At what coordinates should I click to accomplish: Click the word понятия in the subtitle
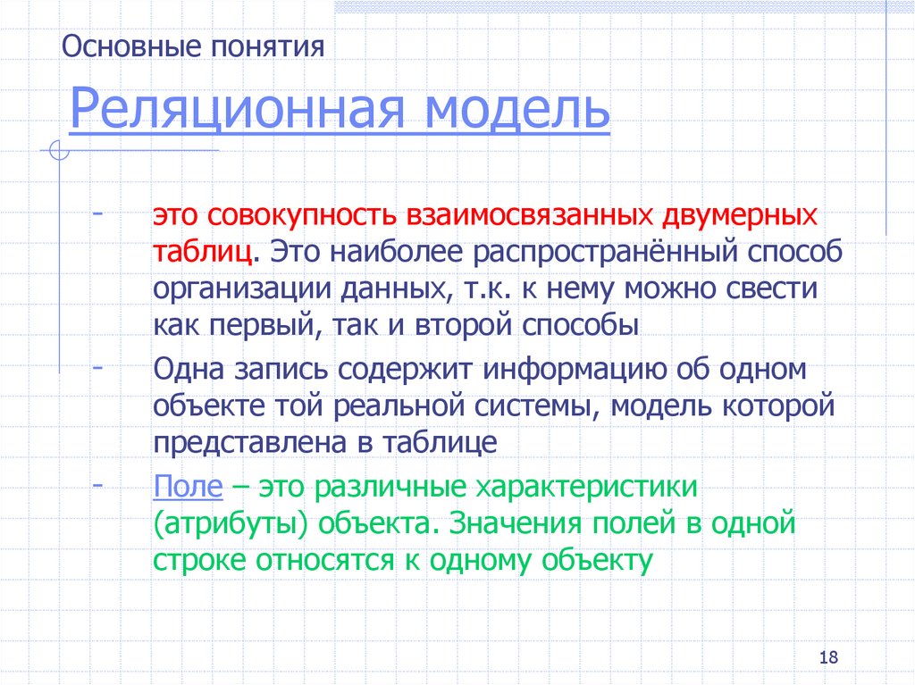click(267, 46)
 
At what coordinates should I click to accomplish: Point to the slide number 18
click(827, 657)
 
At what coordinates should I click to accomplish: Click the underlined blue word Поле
click(188, 489)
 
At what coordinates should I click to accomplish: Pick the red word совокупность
click(303, 218)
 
